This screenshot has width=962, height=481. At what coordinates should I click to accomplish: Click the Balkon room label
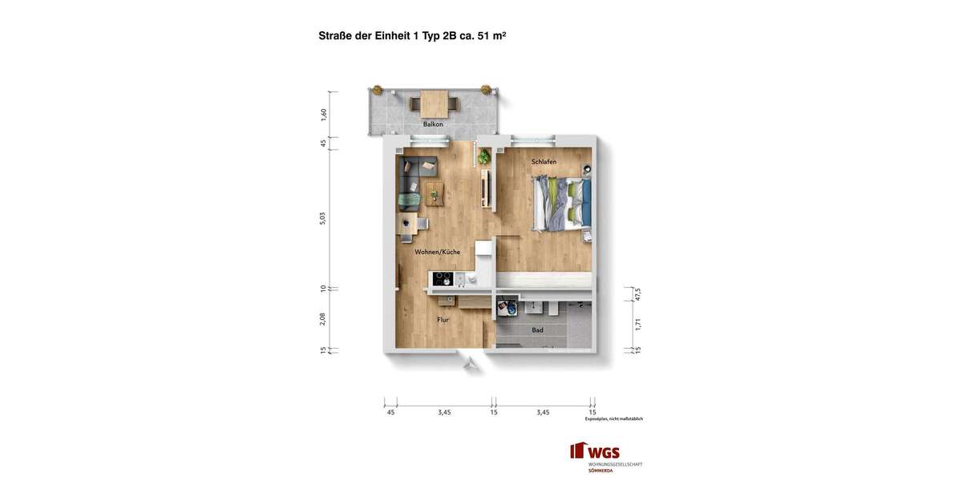pos(433,124)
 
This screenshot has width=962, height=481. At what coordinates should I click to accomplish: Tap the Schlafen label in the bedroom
pos(544,162)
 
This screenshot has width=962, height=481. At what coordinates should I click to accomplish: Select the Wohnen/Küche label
pos(437,252)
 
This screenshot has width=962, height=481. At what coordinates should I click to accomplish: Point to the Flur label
pos(443,320)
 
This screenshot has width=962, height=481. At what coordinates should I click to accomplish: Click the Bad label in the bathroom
pos(537,330)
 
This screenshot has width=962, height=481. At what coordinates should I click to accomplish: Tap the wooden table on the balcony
pos(435,104)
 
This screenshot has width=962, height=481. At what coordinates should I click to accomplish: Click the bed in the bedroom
pos(564,204)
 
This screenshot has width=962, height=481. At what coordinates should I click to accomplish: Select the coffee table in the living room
pos(435,193)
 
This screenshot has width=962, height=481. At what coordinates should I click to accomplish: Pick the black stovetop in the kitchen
pos(443,279)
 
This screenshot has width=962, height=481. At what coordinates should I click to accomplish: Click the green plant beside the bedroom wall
pos(484,157)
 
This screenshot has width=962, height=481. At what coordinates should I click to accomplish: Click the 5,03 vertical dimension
pos(323,218)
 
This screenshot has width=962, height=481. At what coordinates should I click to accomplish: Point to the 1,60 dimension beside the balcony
pos(324,115)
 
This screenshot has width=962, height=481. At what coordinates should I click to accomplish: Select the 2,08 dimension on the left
pos(323,318)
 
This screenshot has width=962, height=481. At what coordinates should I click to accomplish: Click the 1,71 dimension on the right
pos(638,324)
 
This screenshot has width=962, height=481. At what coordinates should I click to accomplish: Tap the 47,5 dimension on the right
pos(638,294)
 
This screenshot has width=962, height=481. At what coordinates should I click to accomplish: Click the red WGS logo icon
pos(578,451)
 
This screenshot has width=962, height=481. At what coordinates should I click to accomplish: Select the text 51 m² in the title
pos(491,36)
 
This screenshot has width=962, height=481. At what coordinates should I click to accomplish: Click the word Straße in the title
pos(335,36)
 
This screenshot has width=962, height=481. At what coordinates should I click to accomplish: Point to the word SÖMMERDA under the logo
pos(600,471)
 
